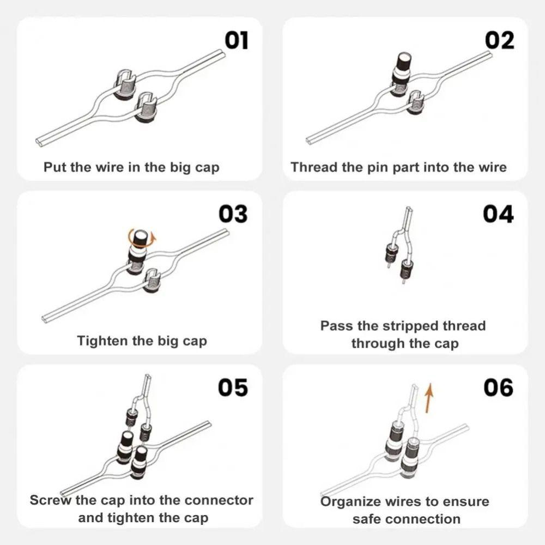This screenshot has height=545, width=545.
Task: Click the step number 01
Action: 237,41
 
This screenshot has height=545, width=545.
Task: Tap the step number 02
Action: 499,41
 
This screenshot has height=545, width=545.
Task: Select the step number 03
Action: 233,214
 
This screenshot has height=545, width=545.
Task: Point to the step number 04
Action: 498,214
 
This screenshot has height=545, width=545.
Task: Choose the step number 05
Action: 233,387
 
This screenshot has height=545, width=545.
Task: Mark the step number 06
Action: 498,387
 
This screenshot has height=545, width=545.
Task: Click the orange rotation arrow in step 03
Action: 141,238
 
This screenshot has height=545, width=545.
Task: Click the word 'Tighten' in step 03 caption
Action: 101,341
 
